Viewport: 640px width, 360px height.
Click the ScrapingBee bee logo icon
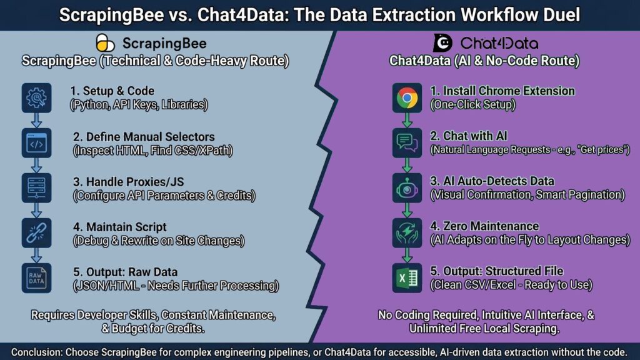[106, 43]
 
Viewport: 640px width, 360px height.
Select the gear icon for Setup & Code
[36, 98]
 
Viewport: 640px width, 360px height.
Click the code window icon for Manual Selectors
[36, 143]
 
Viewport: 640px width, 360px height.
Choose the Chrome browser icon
[407, 97]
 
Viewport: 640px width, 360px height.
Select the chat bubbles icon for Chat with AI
[407, 143]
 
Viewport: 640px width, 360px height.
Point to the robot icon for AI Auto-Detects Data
[407, 187]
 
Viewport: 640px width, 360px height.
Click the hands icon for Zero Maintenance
[407, 232]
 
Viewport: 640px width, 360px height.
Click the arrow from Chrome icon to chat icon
[407, 120]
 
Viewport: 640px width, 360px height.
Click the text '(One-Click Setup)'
[472, 104]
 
